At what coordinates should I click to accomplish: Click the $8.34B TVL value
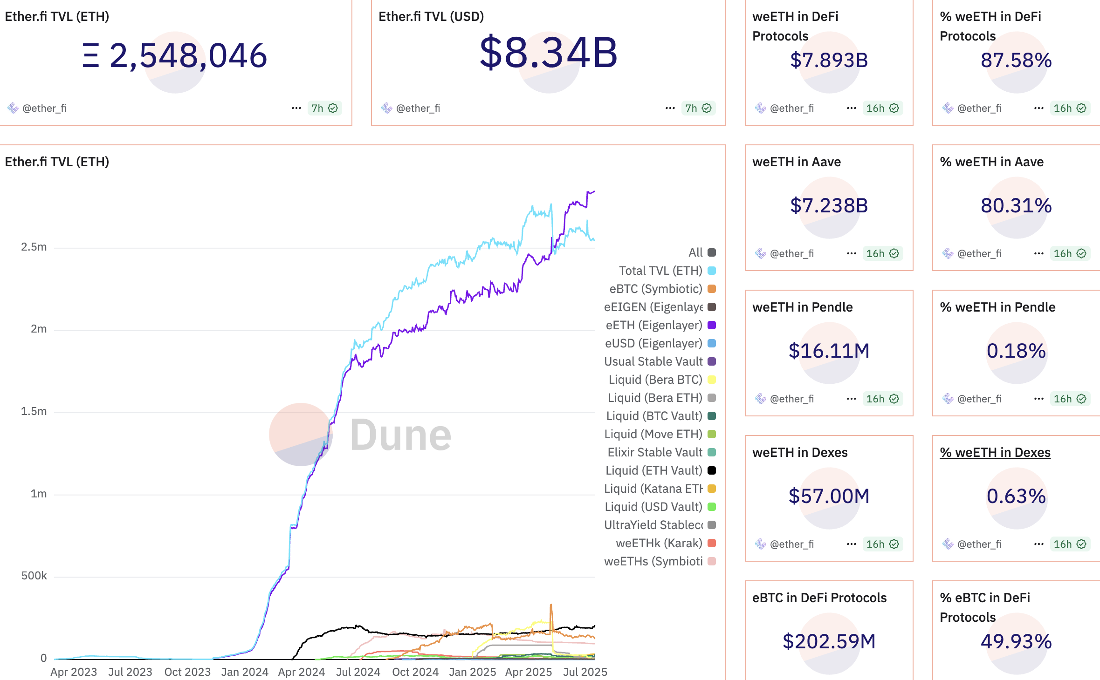click(548, 53)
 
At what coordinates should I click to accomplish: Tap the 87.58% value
click(1016, 60)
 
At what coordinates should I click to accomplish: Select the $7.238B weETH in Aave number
click(829, 205)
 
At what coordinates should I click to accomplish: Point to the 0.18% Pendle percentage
click(1016, 351)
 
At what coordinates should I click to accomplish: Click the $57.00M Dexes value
click(829, 496)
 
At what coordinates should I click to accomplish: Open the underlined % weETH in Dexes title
click(995, 452)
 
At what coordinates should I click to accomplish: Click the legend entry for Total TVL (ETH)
click(660, 271)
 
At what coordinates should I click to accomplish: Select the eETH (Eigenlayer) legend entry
click(654, 325)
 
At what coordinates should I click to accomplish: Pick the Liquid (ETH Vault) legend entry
click(654, 470)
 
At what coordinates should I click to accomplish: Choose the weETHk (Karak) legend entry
click(659, 543)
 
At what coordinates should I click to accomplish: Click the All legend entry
click(695, 252)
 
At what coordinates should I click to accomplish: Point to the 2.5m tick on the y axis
click(34, 247)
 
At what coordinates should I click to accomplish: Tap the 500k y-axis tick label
click(34, 576)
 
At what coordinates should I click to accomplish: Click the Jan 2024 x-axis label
click(245, 672)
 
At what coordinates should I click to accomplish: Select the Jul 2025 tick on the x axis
click(585, 672)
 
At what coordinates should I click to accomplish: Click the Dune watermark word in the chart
click(400, 435)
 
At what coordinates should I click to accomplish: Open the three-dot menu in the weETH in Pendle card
click(851, 399)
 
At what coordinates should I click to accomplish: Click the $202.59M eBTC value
click(829, 641)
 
